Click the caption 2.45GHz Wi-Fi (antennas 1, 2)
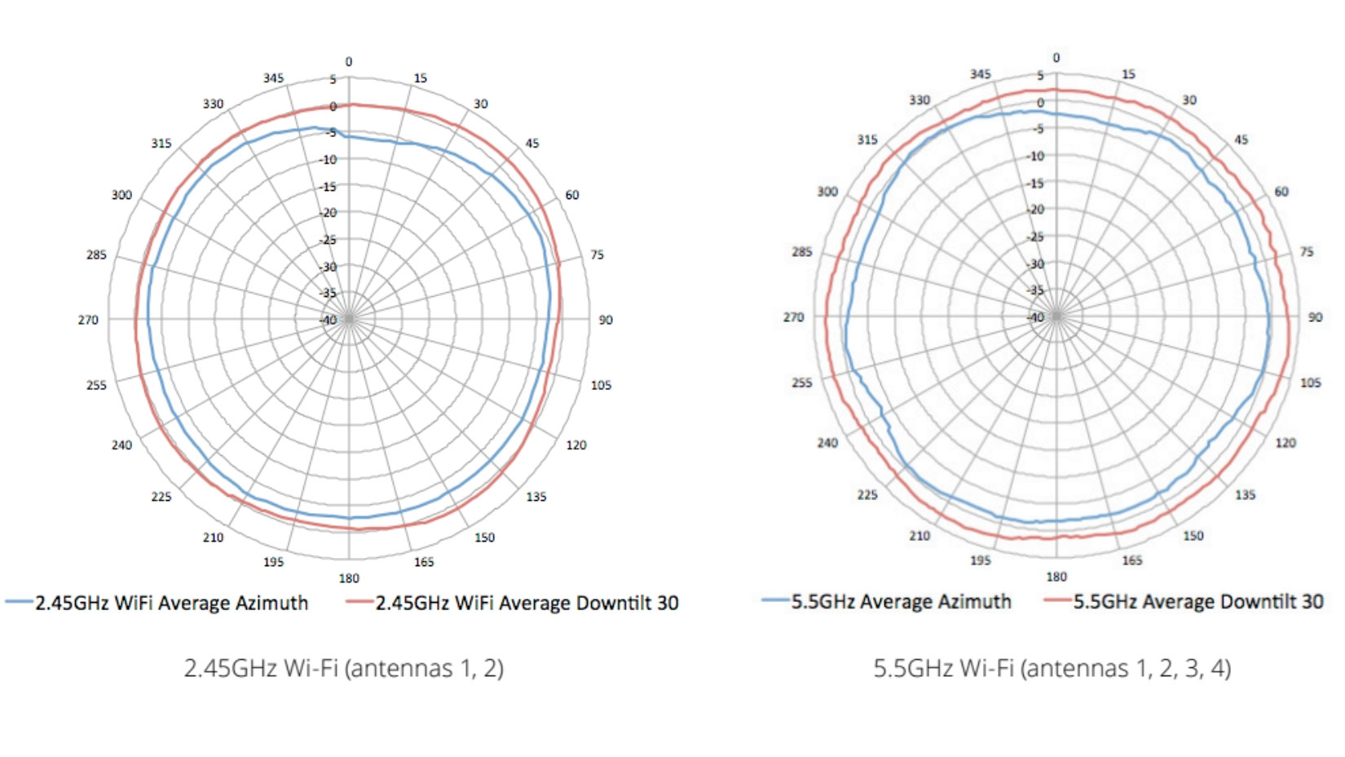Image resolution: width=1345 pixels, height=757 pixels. click(343, 668)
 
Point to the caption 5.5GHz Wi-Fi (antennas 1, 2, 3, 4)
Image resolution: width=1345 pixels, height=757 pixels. click(1052, 668)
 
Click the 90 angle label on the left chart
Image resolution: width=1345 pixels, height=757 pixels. click(606, 320)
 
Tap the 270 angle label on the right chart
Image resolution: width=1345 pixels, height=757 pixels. click(794, 317)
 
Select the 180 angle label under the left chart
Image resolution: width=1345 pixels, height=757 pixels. click(349, 578)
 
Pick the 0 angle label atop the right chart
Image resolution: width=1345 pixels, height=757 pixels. click(1056, 58)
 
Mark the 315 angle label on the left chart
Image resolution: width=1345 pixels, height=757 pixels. click(161, 144)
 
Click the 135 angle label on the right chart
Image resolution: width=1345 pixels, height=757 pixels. click(1245, 495)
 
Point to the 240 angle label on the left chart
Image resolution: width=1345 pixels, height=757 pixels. click(121, 445)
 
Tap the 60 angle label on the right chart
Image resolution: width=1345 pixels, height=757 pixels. click(1281, 192)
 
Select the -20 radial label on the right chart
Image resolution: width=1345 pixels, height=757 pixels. click(1036, 210)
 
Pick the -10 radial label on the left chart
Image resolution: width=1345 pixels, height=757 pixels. click(328, 160)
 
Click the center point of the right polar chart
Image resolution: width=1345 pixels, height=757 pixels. click(1056, 317)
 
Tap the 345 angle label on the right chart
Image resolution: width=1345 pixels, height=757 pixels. click(981, 74)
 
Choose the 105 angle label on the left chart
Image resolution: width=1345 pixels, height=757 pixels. click(601, 385)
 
